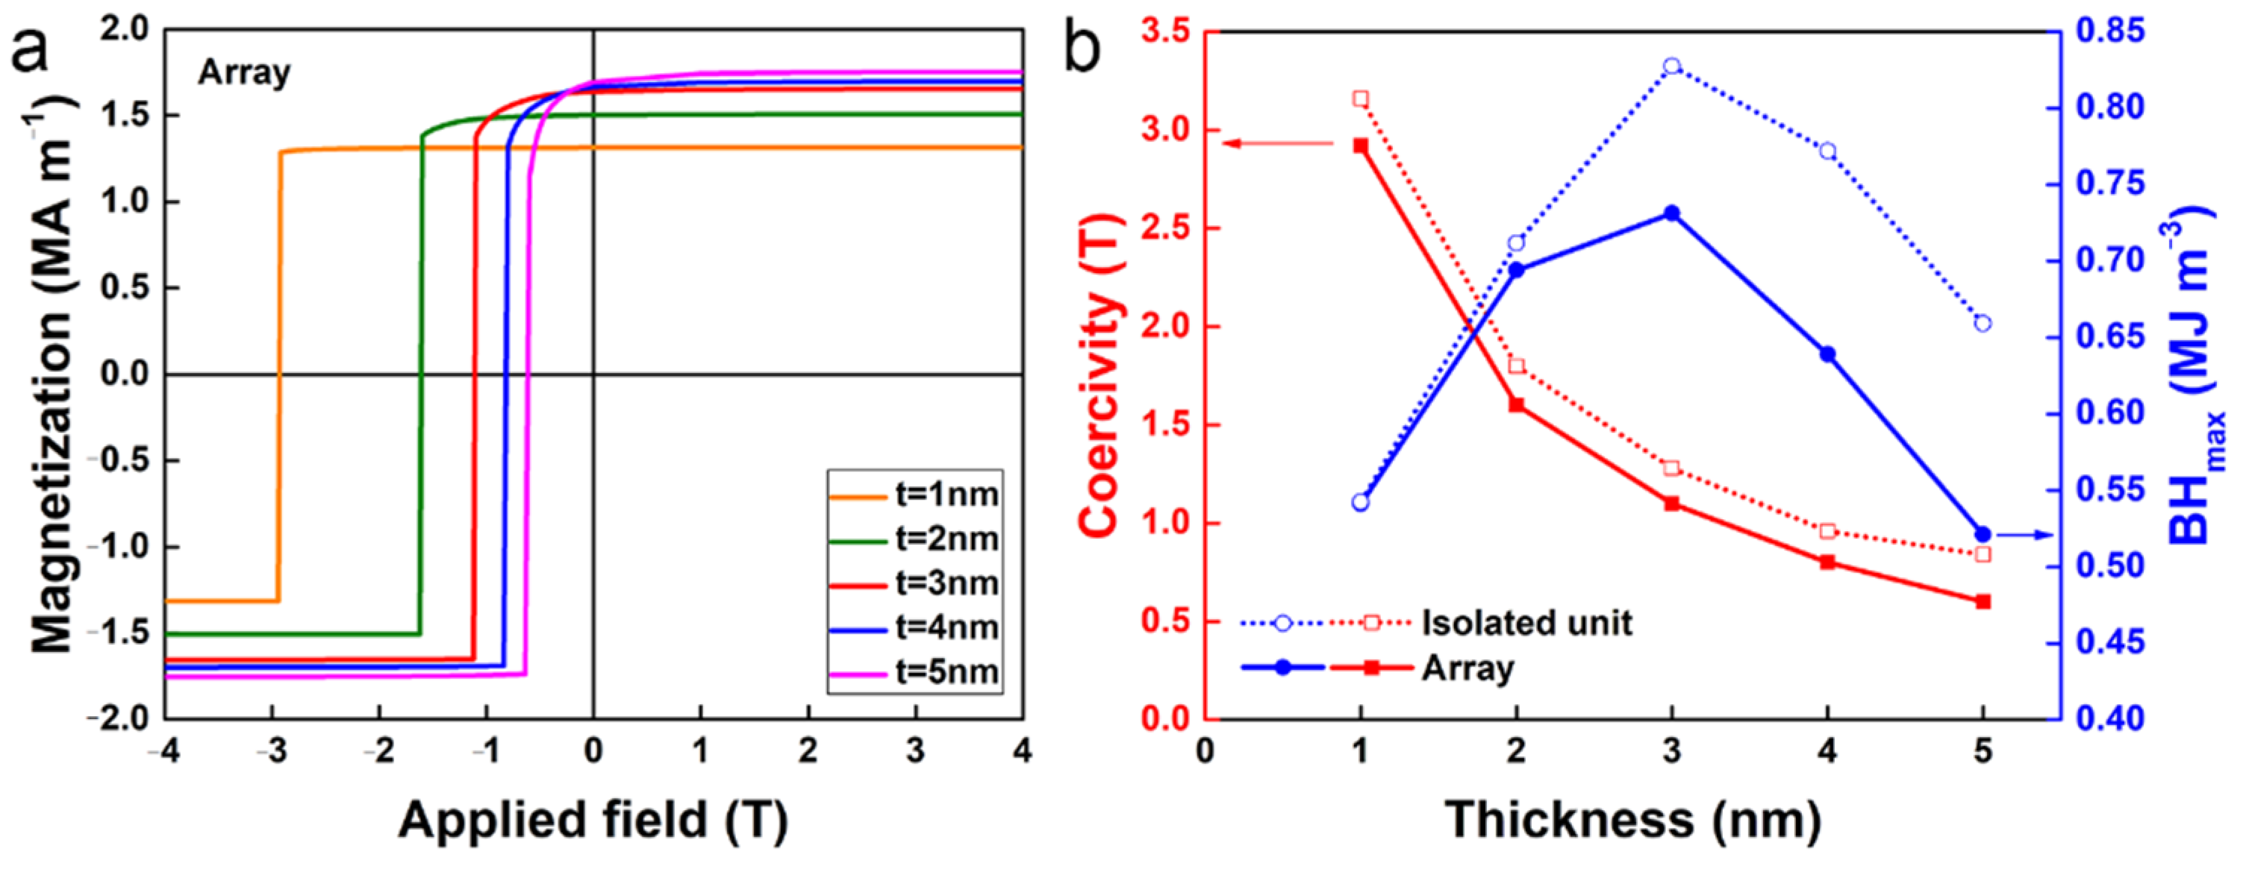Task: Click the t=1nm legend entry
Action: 915,495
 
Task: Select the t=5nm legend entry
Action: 915,673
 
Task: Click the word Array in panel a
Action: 243,72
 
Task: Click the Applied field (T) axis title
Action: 593,820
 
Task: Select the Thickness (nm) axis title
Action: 1633,820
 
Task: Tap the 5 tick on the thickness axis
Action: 1983,751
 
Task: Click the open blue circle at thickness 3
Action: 1672,66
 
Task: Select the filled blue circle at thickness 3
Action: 1672,213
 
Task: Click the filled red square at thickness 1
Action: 1360,146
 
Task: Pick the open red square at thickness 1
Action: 1360,99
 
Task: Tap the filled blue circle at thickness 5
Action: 1983,535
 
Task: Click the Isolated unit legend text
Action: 1526,623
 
